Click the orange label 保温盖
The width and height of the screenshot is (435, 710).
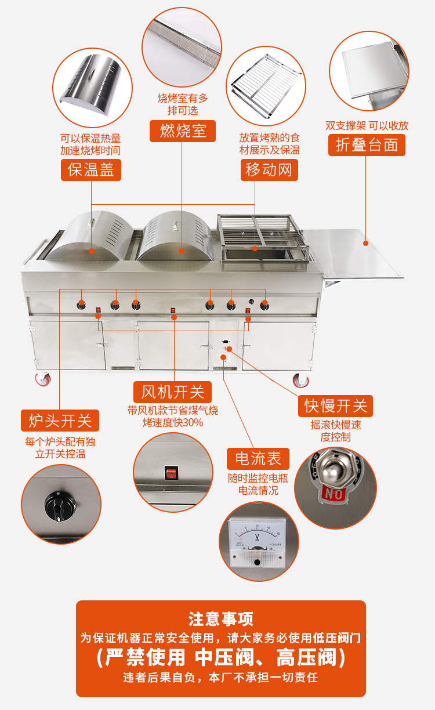pos(91,170)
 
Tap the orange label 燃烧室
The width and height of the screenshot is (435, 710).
pos(183,131)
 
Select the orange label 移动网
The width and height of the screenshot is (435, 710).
pos(269,170)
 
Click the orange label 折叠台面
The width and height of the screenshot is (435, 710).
pos(367,144)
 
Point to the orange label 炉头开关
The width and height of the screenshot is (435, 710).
pos(60,420)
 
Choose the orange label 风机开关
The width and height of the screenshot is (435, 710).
pos(173,392)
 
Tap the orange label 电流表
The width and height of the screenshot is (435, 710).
pos(258,459)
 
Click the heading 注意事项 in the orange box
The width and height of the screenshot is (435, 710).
pos(220,619)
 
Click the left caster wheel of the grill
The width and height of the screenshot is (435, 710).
pos(43,380)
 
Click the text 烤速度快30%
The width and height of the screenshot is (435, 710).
pos(173,422)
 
